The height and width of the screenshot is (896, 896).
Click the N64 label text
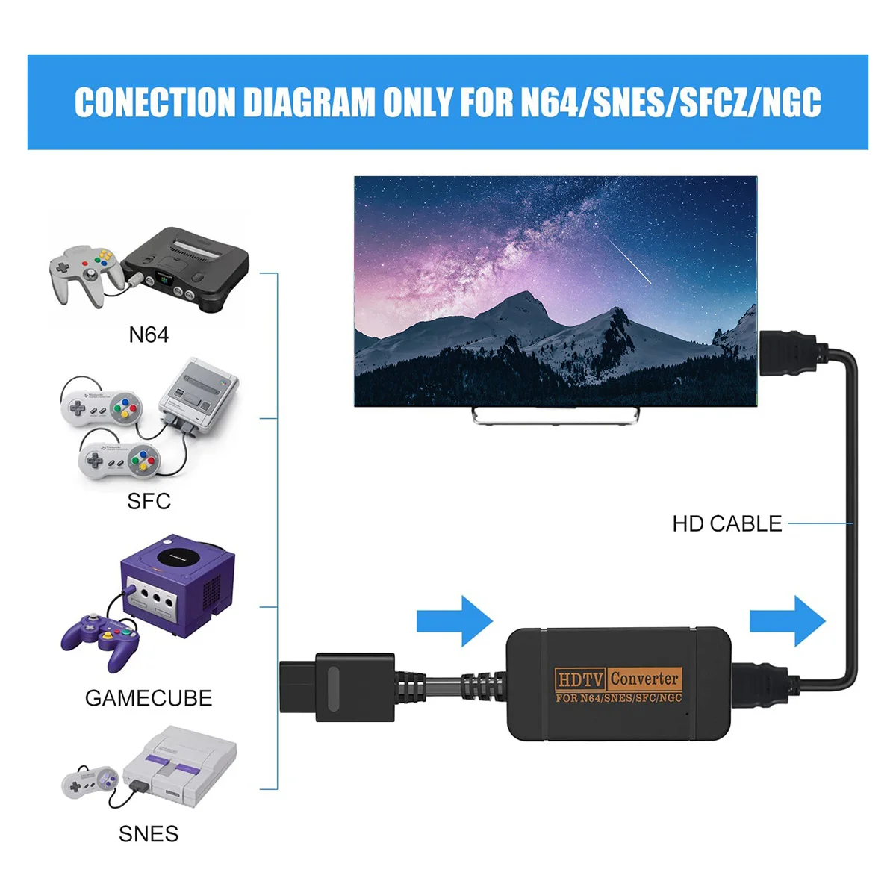pyautogui.click(x=149, y=335)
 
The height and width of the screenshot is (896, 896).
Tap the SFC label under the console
pyautogui.click(x=149, y=501)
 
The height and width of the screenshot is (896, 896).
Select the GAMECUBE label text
pyautogui.click(x=149, y=698)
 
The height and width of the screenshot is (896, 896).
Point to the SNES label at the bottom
pyautogui.click(x=149, y=834)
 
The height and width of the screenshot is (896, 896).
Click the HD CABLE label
pyautogui.click(x=727, y=524)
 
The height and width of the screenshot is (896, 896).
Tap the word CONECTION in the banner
pyautogui.click(x=155, y=103)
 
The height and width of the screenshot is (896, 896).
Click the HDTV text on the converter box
pyautogui.click(x=580, y=679)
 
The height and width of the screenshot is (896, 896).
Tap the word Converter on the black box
pyautogui.click(x=644, y=679)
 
